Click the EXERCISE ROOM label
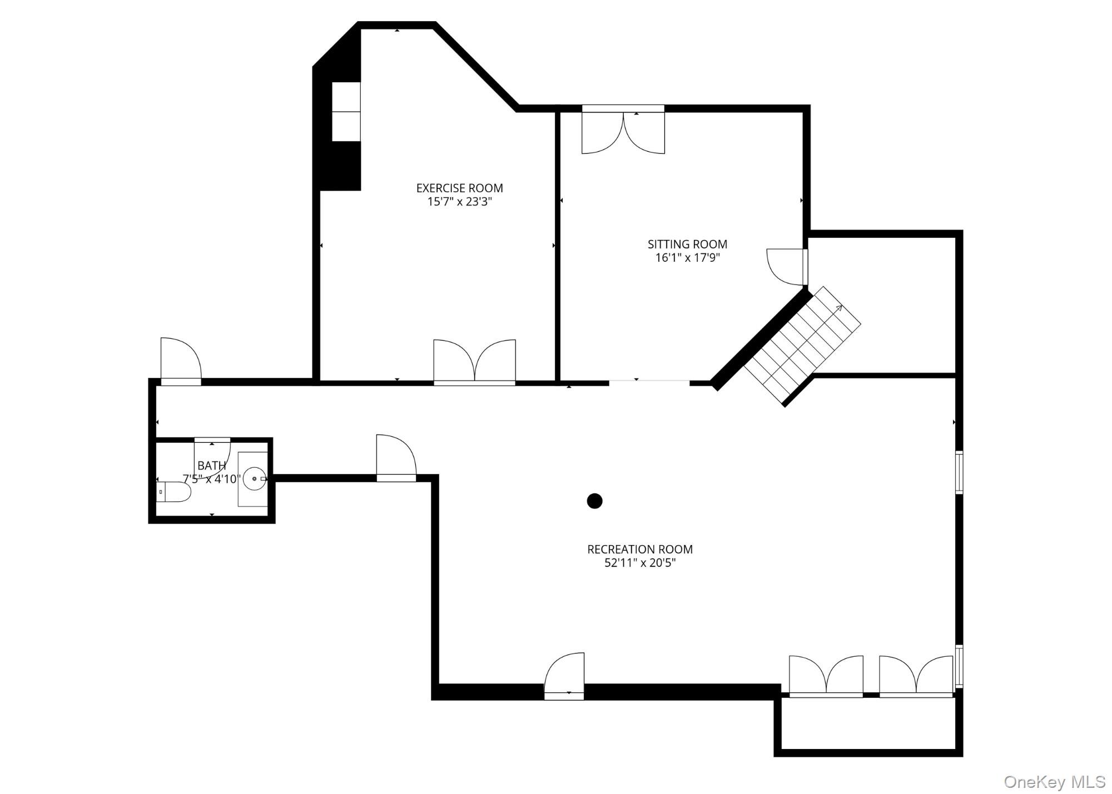coord(459,188)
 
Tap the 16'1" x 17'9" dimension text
coord(687,258)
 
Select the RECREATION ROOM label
coord(639,550)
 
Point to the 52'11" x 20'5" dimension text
coord(639,563)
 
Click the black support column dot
coord(594,501)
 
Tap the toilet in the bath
coord(173,492)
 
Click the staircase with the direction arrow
coord(802,346)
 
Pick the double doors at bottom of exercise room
coord(474,361)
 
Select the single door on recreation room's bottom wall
coord(564,675)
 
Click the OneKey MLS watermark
coord(1054,782)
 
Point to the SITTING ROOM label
coord(687,244)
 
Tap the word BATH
coord(212,466)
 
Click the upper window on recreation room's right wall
coord(959,472)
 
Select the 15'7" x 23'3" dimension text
coord(459,202)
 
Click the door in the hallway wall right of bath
coord(396,458)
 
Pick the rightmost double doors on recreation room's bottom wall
coord(916,676)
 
